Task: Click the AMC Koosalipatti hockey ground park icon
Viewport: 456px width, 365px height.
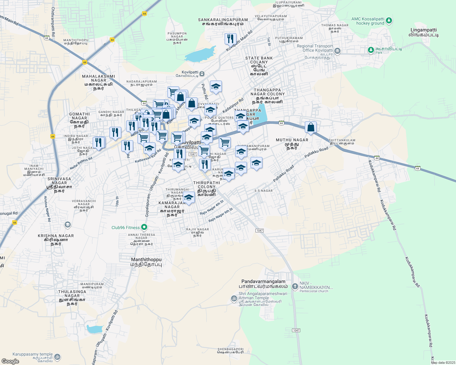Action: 389,21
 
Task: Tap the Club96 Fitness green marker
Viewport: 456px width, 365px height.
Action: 144,227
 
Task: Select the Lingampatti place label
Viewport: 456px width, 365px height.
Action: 423,32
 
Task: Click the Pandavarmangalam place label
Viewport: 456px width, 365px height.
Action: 263,284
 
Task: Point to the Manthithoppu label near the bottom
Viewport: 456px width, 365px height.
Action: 146,262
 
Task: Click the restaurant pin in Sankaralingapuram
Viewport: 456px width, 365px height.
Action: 230,39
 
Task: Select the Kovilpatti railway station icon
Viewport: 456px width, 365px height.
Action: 202,74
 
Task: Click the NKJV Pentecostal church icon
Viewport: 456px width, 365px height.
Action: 295,286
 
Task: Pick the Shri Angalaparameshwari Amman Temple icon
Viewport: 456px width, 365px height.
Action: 234,299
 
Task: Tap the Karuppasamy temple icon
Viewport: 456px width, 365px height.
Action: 57,357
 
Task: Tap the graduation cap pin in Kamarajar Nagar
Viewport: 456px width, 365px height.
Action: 189,197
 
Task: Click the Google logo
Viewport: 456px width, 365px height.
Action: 10,361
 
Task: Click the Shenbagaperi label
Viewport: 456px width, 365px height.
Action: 230,351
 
